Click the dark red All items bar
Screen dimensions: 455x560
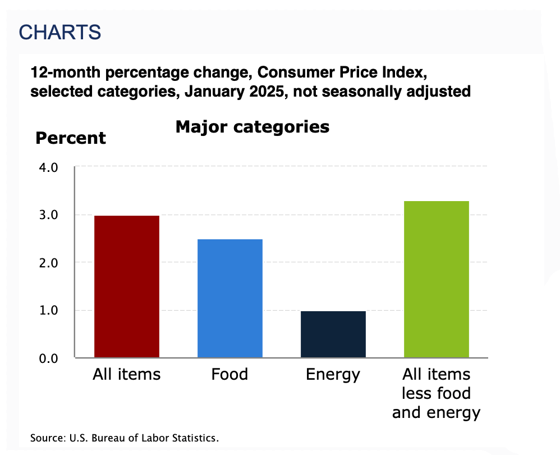127,286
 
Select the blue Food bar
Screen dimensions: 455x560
230,298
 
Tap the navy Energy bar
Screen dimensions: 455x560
333,334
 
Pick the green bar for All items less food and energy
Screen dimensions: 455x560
437,279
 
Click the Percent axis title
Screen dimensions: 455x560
71,138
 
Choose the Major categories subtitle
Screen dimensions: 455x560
253,127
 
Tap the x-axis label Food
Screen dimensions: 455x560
229,374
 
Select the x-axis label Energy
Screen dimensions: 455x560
333,374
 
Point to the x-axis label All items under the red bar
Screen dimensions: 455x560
127,374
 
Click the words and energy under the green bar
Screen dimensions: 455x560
436,413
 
